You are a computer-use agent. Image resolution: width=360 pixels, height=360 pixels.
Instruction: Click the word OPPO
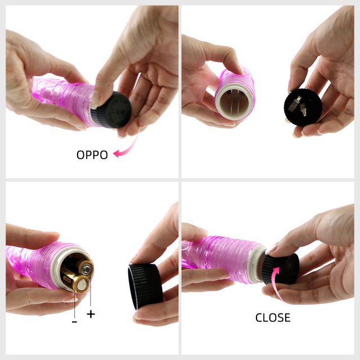pos(92,155)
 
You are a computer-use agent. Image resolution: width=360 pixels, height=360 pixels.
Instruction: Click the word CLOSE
pos(273,317)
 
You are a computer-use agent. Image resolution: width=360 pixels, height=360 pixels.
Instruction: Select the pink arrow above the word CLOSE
pos(276,282)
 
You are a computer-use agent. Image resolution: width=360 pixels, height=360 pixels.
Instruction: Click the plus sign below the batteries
pos(91,314)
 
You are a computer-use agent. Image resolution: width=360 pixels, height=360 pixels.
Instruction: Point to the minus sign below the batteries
pos(74,322)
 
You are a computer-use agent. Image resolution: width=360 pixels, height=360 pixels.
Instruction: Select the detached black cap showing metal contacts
pos(303,107)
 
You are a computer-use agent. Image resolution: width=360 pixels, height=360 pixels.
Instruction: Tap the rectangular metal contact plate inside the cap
pos(295,104)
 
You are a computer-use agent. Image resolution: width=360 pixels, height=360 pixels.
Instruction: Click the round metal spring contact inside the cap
pos(303,110)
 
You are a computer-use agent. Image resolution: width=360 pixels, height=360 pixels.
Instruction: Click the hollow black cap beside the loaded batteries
pos(145,286)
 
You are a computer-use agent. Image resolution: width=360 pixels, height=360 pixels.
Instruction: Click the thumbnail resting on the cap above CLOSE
pos(271,250)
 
